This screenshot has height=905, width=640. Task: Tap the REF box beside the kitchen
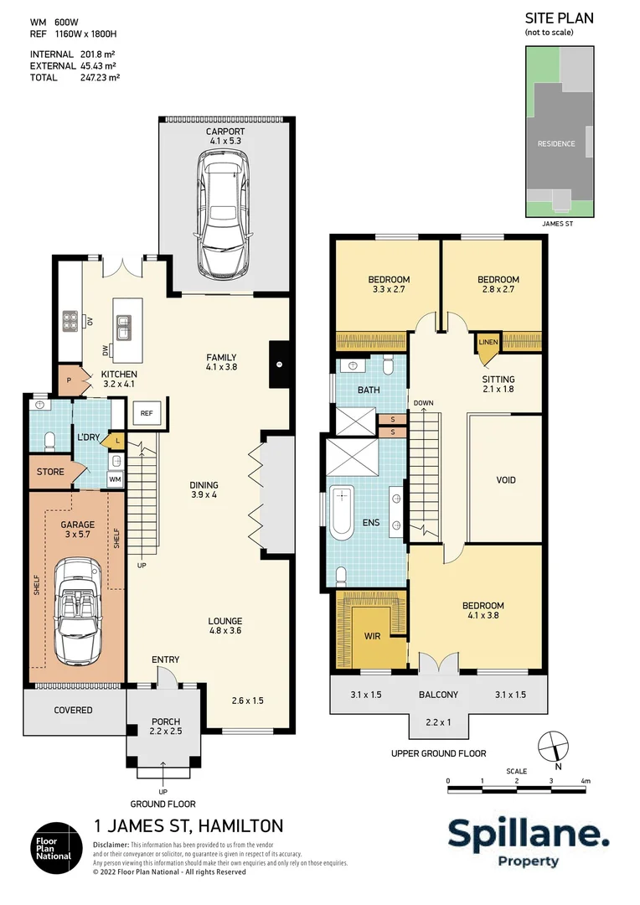pyautogui.click(x=146, y=413)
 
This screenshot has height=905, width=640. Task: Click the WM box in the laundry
pyautogui.click(x=115, y=478)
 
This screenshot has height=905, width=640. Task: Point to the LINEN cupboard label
pyautogui.click(x=488, y=343)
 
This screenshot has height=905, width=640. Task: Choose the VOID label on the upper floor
pyautogui.click(x=506, y=480)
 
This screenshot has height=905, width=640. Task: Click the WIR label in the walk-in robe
pyautogui.click(x=373, y=636)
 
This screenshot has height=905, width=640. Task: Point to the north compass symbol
pyautogui.click(x=550, y=744)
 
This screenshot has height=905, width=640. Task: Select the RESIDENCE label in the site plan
pyautogui.click(x=556, y=143)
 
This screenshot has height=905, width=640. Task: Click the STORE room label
pyautogui.click(x=50, y=472)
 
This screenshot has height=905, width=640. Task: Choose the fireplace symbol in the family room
pyautogui.click(x=279, y=365)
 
